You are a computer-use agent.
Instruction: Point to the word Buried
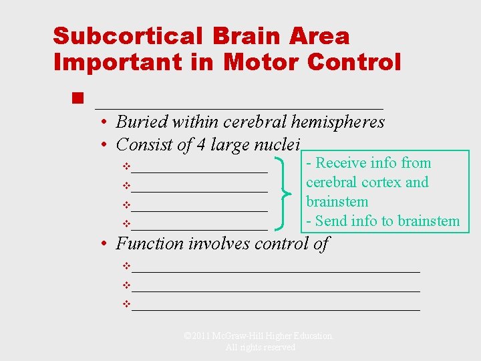(142, 122)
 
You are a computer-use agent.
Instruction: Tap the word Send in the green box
(332, 221)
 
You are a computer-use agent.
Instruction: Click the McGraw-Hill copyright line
(258, 336)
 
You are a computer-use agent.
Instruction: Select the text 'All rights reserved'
(260, 348)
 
